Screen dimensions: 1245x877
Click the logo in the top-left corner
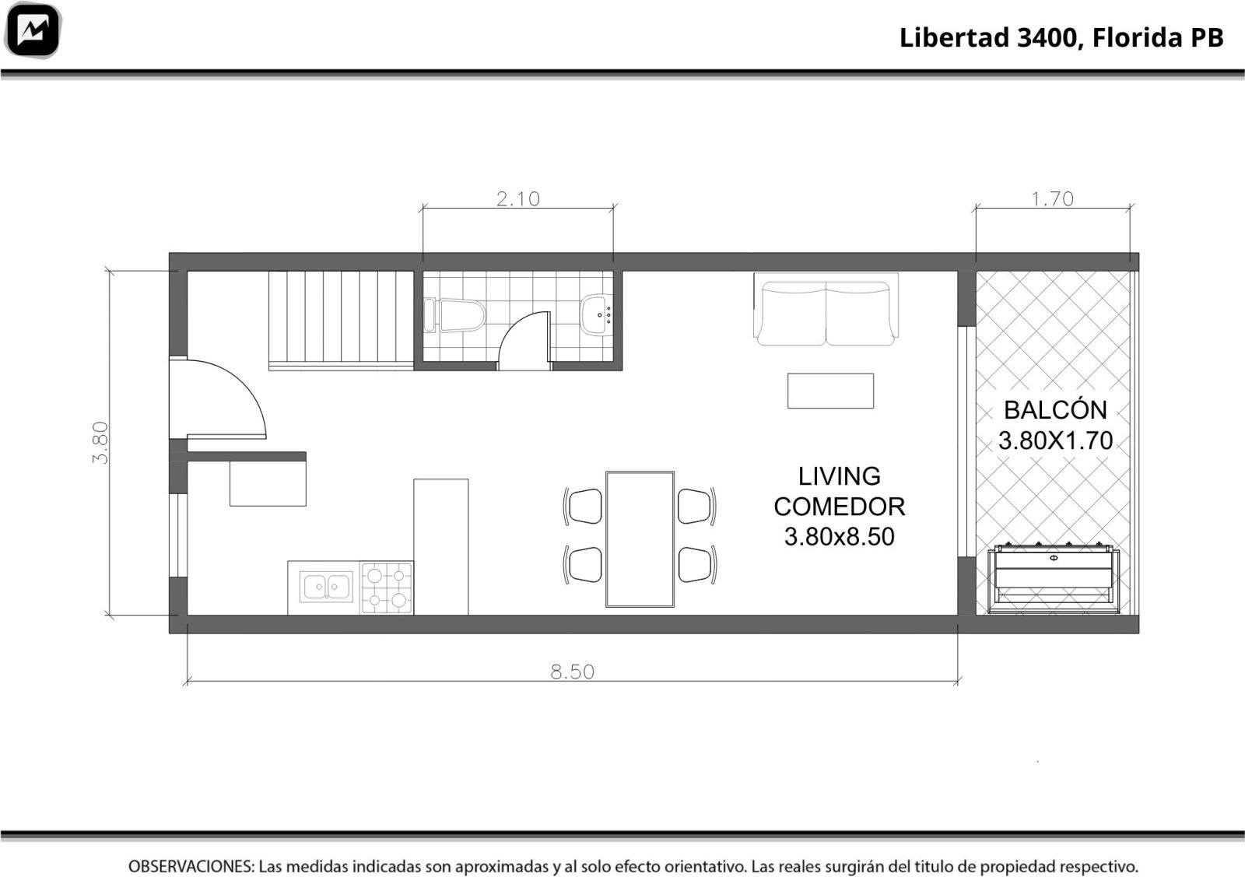coord(32,30)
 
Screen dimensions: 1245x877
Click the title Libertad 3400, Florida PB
coord(1061,38)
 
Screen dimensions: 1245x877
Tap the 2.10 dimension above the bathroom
coord(518,199)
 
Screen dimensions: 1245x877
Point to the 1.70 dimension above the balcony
coord(1053,199)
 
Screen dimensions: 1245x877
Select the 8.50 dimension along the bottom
coord(573,672)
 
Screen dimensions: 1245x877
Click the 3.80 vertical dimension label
coord(100,443)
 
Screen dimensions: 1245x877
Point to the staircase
coord(342,320)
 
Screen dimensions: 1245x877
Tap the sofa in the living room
coord(826,309)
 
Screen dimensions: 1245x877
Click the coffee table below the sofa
coord(830,391)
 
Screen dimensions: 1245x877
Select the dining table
coord(640,539)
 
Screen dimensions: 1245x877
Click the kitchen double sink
coord(326,587)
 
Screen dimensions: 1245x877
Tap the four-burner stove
coord(386,588)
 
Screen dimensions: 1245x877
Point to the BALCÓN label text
coord(1055,410)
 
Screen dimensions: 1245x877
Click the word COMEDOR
coord(840,507)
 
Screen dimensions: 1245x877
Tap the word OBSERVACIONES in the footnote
coord(191,866)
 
